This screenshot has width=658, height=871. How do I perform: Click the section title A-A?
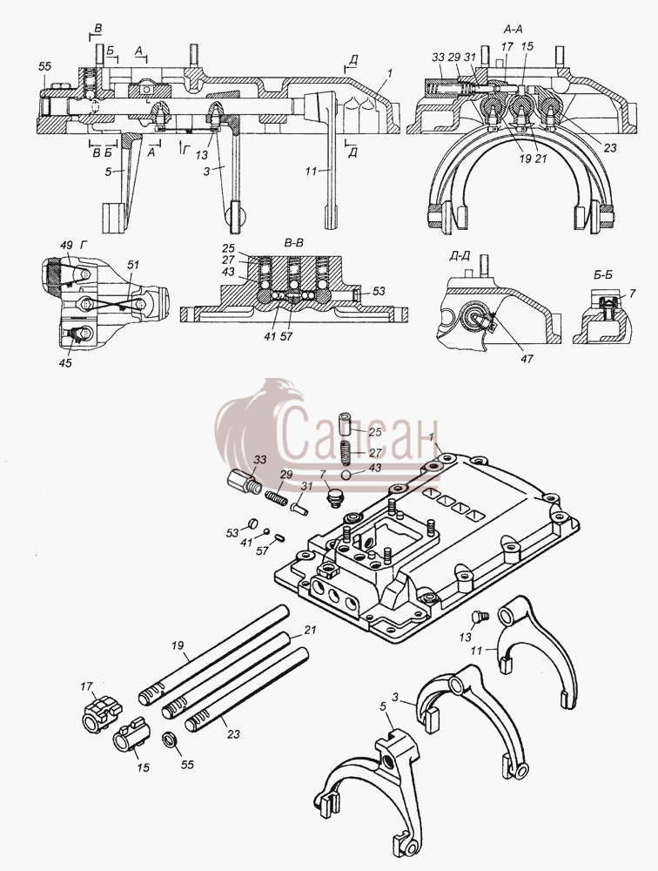[513, 29]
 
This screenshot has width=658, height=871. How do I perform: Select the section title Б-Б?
[602, 273]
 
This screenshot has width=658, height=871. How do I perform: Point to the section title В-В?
[292, 243]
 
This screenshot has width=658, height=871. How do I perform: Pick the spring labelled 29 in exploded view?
[277, 497]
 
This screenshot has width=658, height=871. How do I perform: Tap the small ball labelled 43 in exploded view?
[346, 475]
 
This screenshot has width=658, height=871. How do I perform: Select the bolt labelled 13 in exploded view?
[478, 616]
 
